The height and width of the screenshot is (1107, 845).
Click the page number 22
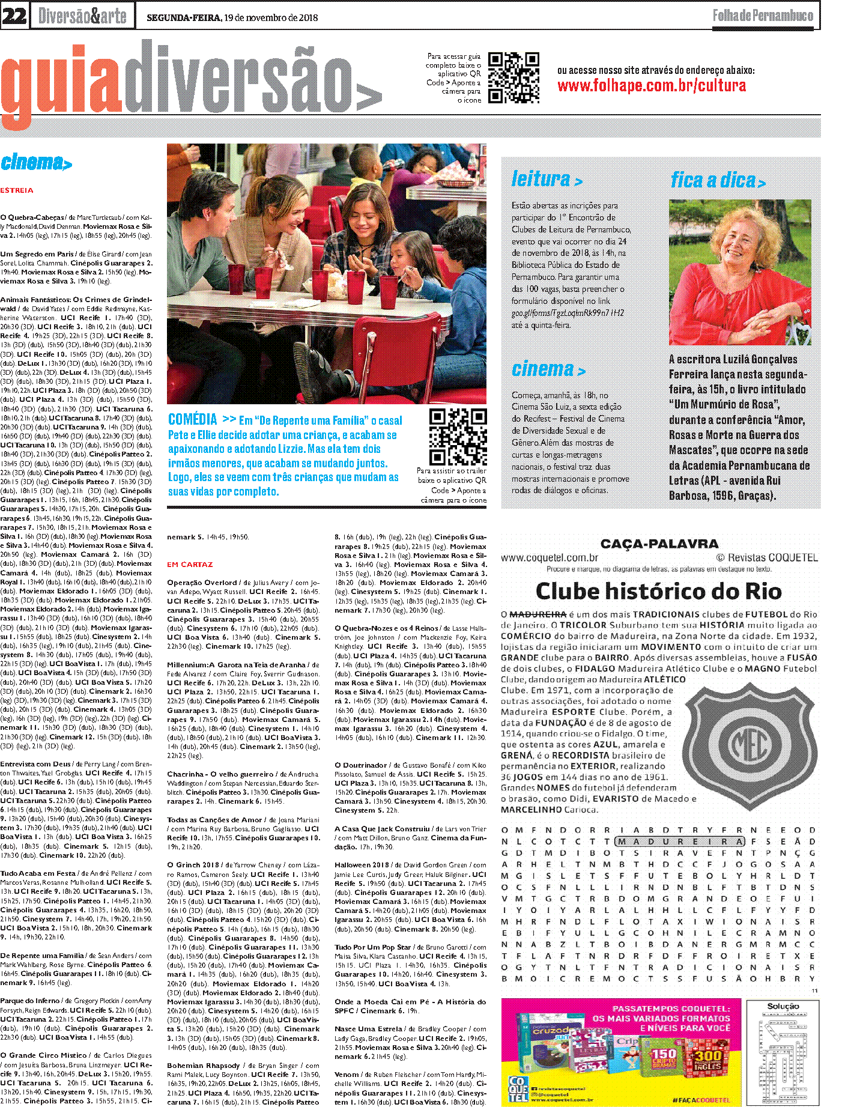pos(14,16)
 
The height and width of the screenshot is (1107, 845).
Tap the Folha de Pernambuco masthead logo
pos(763,16)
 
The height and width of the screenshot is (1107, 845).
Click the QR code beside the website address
pos(513,77)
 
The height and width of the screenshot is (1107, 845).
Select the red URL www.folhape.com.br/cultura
pos(652,86)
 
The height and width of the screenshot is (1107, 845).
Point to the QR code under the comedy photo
pos(458,437)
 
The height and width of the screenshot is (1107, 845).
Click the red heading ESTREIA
pos(17,190)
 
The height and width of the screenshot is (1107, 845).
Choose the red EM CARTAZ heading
pos(190,565)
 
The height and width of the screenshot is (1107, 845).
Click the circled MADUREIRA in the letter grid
pos(680,842)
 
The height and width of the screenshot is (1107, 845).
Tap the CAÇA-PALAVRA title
pos(659,544)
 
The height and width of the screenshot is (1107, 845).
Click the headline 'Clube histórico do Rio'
pos(659,591)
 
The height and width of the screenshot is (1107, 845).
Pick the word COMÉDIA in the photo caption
pos(192,419)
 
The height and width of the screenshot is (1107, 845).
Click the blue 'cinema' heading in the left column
pos(36,162)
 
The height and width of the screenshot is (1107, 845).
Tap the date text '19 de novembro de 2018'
pos(271,17)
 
